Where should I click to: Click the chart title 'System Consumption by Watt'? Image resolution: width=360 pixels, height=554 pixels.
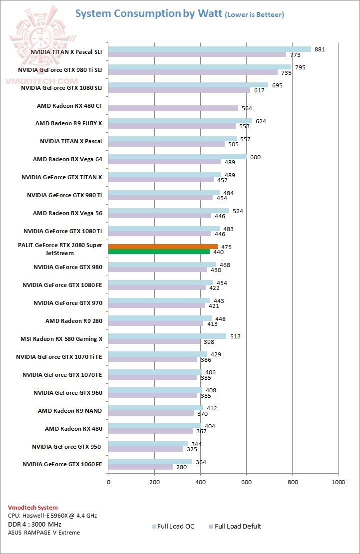pos(148,13)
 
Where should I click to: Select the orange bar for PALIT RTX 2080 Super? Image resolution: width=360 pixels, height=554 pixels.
pos(163,246)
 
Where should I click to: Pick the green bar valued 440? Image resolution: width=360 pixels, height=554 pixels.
pos(159,252)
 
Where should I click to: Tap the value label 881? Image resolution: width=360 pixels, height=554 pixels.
pos(320,49)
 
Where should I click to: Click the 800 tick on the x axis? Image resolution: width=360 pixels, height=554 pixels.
pos(293,482)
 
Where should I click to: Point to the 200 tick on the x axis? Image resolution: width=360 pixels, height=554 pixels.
pos(154,482)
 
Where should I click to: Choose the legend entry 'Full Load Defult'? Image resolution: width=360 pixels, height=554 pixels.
pos(238,526)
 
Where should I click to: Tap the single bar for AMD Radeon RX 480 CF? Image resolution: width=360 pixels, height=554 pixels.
pos(173,108)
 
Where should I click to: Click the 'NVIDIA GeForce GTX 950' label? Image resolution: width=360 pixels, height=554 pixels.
pos(67,447)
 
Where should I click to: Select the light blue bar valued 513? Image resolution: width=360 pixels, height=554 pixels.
pos(167,336)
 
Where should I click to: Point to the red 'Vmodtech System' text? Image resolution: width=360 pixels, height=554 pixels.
pos(32,508)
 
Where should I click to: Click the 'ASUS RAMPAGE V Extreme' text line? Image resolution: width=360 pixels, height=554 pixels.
pos(43,533)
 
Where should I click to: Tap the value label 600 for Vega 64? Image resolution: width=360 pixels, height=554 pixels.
pos(256,157)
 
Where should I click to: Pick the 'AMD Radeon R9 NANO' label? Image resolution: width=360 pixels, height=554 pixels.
pos(70,411)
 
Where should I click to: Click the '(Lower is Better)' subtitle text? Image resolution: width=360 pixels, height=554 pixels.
pos(254,15)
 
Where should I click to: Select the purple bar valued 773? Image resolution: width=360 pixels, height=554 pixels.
pos(197,54)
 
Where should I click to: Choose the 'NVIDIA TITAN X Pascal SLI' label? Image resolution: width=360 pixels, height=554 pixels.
pos(66,51)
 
